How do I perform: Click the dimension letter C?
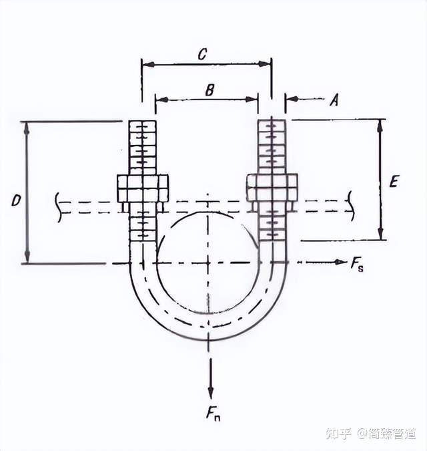(202, 54)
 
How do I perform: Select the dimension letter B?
(210, 90)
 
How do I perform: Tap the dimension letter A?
(334, 100)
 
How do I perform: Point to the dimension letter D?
(16, 200)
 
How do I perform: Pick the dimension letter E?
(394, 182)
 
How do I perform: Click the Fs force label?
(357, 264)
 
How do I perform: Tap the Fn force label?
(213, 414)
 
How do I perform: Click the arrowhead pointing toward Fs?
(341, 262)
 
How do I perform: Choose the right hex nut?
(272, 187)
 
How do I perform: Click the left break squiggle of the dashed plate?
(59, 207)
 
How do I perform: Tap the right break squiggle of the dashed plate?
(351, 206)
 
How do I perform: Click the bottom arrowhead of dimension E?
(381, 233)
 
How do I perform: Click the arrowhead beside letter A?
(292, 100)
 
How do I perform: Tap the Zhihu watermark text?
(371, 434)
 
